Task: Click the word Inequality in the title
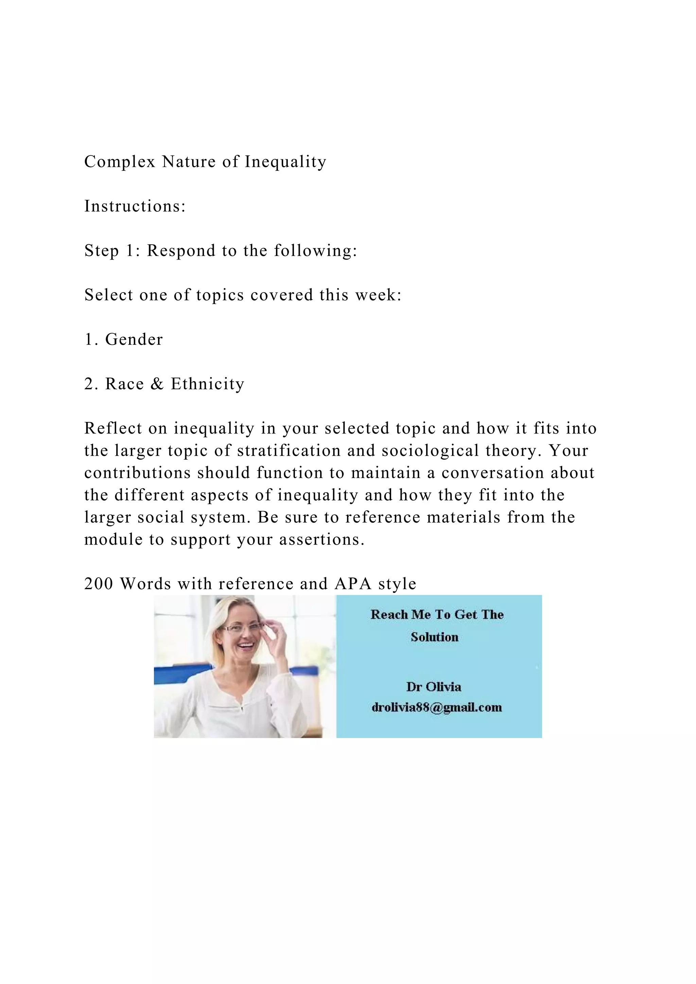(x=285, y=162)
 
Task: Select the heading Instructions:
(x=135, y=206)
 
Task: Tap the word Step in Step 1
(x=101, y=251)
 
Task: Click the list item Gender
(x=134, y=339)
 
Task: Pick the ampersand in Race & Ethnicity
(x=157, y=384)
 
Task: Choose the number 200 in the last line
(x=99, y=584)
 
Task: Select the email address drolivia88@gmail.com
(x=436, y=707)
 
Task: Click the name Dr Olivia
(x=434, y=687)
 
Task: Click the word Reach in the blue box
(x=389, y=615)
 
